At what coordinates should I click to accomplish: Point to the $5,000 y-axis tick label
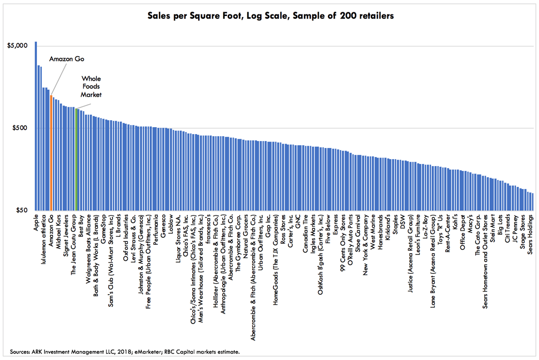coord(17,46)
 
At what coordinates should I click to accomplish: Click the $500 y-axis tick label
coord(20,128)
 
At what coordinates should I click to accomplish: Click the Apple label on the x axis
coord(36,223)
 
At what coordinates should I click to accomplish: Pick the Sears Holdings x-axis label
coord(531,234)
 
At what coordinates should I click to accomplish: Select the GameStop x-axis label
coord(103,229)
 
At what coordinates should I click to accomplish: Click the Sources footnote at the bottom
coord(125,352)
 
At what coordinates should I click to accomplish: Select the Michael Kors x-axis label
coord(58,231)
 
